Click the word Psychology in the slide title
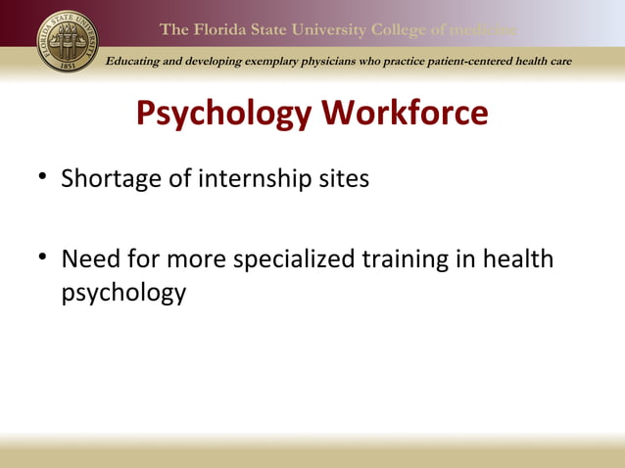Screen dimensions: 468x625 tap(223, 115)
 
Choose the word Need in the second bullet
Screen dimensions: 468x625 tap(88, 261)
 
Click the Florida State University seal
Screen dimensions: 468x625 tap(68, 42)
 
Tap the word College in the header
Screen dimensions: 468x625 tap(402, 29)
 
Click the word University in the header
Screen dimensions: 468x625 tap(329, 29)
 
